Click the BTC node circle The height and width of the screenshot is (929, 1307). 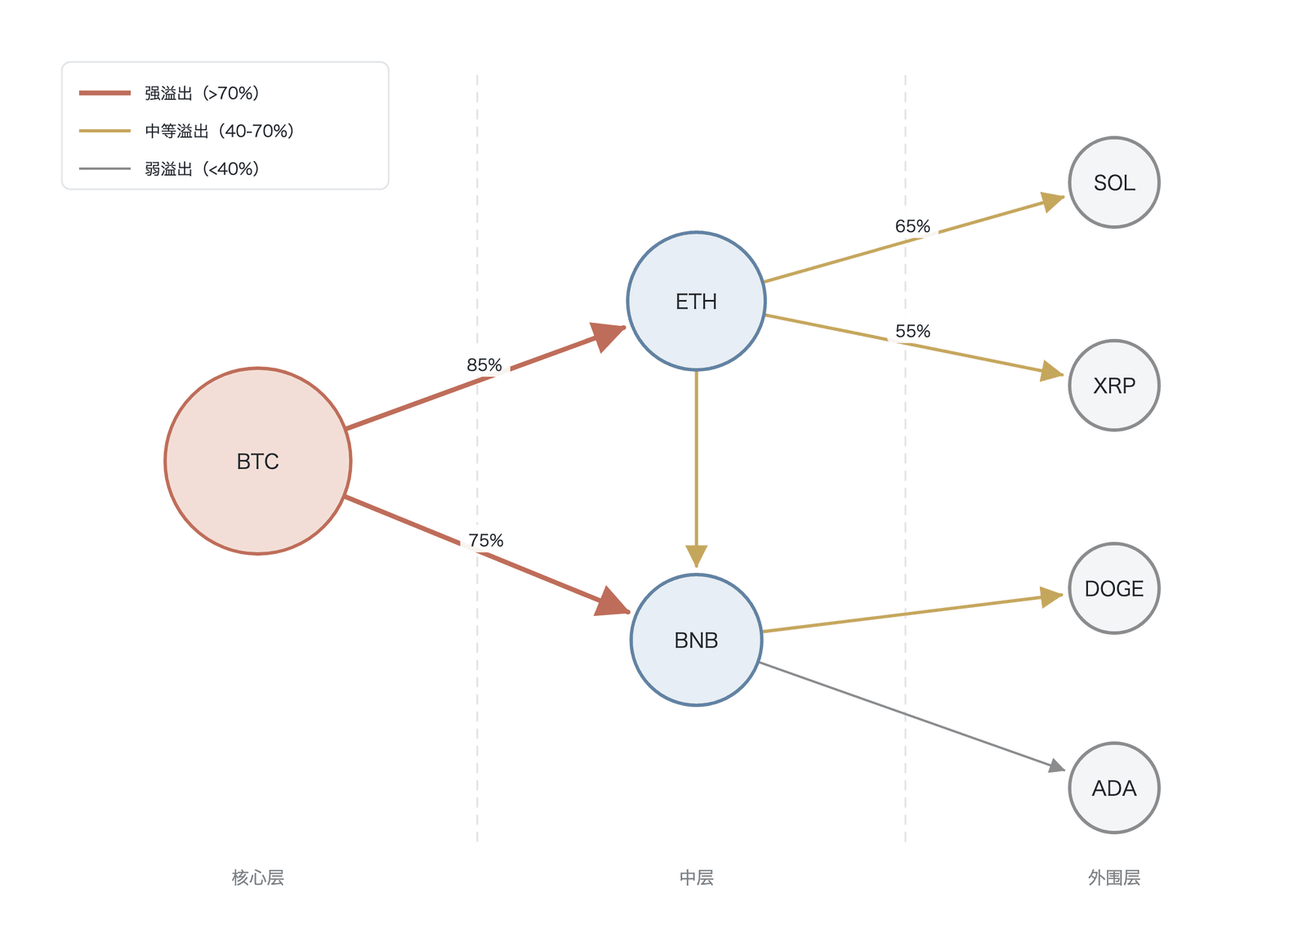(258, 461)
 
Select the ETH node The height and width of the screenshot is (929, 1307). (696, 301)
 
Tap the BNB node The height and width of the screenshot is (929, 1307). (696, 640)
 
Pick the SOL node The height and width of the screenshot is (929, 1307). (1114, 183)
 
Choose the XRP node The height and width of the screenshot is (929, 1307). (1114, 386)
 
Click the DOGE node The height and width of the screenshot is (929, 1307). (1114, 588)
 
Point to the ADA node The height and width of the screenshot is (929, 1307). (1114, 788)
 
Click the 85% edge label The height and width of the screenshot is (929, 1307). (484, 365)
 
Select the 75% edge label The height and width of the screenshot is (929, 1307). (485, 540)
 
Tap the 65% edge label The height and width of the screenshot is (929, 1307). (912, 226)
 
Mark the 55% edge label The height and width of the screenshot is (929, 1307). (912, 332)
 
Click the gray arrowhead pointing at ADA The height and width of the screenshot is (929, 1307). (1057, 765)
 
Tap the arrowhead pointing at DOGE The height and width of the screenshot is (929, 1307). (1051, 597)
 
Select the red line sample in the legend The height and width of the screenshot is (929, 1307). (105, 93)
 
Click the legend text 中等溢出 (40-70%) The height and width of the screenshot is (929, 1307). (220, 131)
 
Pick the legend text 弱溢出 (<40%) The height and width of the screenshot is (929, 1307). (202, 168)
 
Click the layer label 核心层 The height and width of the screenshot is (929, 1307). (258, 877)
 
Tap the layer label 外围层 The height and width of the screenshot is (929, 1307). (1114, 877)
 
